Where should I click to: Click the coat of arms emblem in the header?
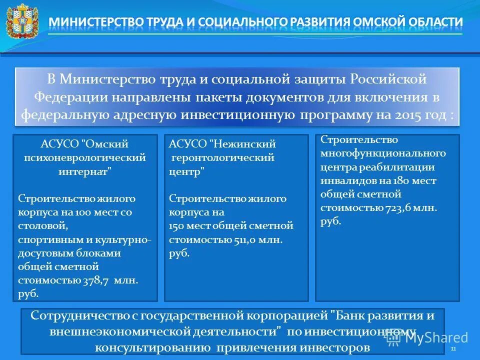pos(21,21)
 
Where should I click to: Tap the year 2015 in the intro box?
pos(418,115)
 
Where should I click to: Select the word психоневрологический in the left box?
pos(85,157)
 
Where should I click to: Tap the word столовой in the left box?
pos(39,226)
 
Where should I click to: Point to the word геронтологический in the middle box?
pos(223,157)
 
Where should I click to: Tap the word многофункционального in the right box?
pos(383,153)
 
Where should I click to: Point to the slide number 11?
pos(453,348)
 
